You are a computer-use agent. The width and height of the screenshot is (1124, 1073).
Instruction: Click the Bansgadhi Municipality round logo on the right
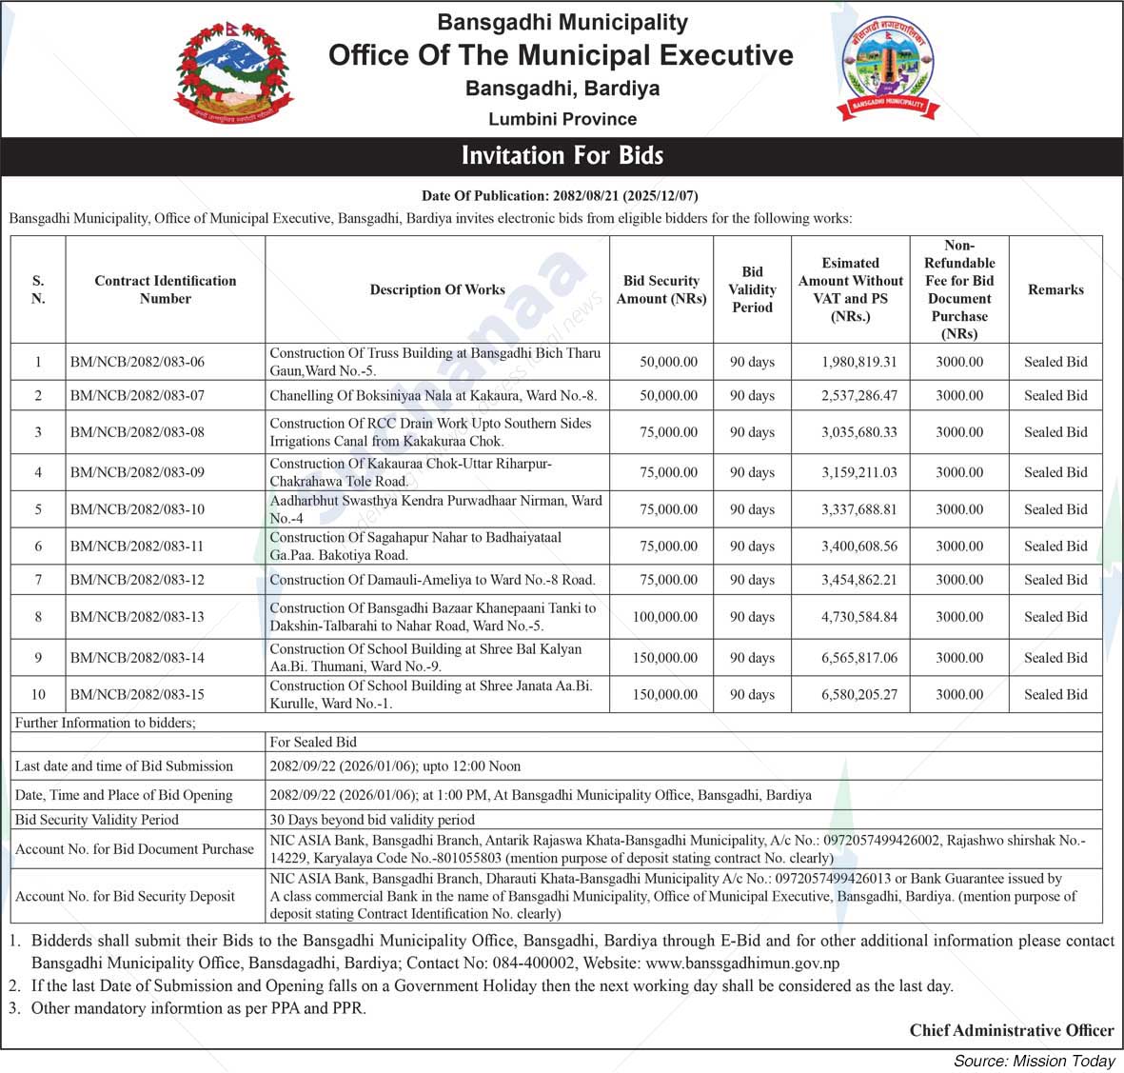click(x=888, y=69)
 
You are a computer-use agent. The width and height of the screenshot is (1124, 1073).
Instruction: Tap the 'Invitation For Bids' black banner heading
click(x=562, y=155)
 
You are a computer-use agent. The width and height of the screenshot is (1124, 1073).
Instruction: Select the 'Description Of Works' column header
click(x=437, y=289)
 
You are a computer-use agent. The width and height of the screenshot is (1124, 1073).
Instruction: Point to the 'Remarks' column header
click(x=1055, y=289)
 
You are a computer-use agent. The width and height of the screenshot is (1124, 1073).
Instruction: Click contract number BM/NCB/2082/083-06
click(x=137, y=362)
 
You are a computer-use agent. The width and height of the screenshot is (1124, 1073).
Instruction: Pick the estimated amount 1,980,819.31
click(x=858, y=362)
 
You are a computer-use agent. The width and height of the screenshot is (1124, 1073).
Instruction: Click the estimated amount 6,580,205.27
click(x=858, y=694)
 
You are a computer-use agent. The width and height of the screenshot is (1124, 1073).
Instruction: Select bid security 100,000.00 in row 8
click(x=664, y=617)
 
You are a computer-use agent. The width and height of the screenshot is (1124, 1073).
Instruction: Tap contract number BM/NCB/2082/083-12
click(x=137, y=580)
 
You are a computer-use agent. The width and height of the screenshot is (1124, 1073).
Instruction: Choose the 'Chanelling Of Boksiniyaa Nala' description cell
click(x=433, y=395)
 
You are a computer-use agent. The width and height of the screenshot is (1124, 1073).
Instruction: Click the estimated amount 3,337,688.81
click(x=858, y=509)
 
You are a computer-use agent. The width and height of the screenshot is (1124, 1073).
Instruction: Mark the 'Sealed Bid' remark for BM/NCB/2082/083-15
click(x=1055, y=694)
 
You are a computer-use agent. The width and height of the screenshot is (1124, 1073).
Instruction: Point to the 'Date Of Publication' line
click(x=560, y=196)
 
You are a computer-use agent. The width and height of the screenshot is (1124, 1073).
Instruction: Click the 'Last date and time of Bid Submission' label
click(x=124, y=766)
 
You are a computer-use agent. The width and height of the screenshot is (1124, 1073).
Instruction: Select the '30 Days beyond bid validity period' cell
click(x=372, y=820)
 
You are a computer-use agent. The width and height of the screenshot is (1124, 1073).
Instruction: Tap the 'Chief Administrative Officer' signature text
click(x=1011, y=1030)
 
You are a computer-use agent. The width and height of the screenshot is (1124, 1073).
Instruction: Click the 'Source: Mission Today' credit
click(x=1034, y=1061)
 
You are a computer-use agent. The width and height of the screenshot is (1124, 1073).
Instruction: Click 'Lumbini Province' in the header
click(x=562, y=119)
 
